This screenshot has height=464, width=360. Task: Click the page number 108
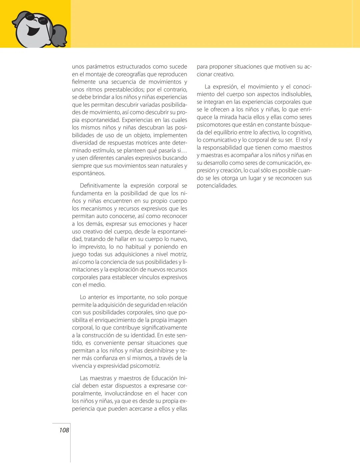(64, 430)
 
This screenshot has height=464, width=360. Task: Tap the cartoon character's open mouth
(33, 31)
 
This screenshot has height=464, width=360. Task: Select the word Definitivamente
(100, 186)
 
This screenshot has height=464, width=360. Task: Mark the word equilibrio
(225, 132)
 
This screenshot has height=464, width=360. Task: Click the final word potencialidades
(217, 186)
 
